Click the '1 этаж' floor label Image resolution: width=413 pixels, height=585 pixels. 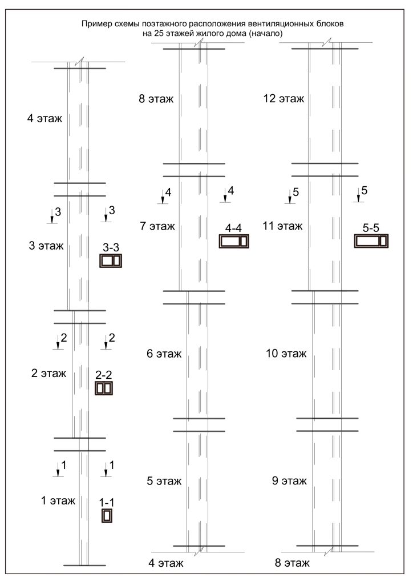58,500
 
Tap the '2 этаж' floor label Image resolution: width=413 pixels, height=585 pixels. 48,373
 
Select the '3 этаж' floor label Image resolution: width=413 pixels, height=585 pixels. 46,246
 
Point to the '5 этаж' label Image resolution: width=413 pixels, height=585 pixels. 164,481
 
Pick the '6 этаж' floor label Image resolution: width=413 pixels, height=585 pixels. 164,353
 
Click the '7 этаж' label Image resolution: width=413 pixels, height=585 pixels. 157,226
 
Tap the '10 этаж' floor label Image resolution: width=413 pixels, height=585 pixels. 286,353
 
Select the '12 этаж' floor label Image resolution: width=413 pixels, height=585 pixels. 284,98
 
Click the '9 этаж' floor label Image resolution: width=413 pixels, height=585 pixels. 289,480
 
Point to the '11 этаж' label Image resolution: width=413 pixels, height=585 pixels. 283,226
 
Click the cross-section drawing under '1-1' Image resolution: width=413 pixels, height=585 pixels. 107,515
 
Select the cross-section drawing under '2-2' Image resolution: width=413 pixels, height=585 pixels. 103,388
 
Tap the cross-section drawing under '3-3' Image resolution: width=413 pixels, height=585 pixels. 111,261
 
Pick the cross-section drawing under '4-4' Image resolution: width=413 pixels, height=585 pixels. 234,241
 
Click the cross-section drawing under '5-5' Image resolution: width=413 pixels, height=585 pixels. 371,241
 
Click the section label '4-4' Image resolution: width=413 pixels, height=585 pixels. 233,228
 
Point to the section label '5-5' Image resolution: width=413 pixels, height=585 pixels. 371,228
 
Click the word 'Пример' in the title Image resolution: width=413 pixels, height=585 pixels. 94,24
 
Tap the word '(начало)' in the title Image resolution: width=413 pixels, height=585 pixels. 266,33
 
